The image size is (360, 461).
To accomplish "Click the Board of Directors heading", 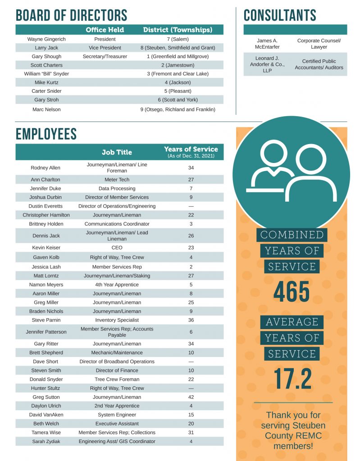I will pos(71,15).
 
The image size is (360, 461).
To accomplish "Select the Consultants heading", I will pos(280,15).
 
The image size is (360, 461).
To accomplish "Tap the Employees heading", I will pos(46,134).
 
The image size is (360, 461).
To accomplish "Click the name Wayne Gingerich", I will pos(46,39).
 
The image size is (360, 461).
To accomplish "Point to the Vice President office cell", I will pos(105,48).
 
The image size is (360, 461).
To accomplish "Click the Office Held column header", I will pos(105,30).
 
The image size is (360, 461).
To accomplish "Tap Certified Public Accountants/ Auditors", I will pos(319,64).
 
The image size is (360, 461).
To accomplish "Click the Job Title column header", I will pos(117,152).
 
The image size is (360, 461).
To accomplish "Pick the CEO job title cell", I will pos(117,248).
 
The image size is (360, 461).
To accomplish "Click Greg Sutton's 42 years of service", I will pos(191,397).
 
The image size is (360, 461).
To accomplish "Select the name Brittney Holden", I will pos(46,224).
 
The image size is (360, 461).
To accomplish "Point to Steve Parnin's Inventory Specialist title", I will pos(117,320).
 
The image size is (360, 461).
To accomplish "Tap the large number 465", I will pos(292,292).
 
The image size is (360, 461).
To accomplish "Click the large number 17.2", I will pos(293,379).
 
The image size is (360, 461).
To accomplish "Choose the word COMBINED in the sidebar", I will pos(292,235).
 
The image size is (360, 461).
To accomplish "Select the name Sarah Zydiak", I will pos(46,442).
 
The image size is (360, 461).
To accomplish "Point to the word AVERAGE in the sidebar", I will pos(292,322).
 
